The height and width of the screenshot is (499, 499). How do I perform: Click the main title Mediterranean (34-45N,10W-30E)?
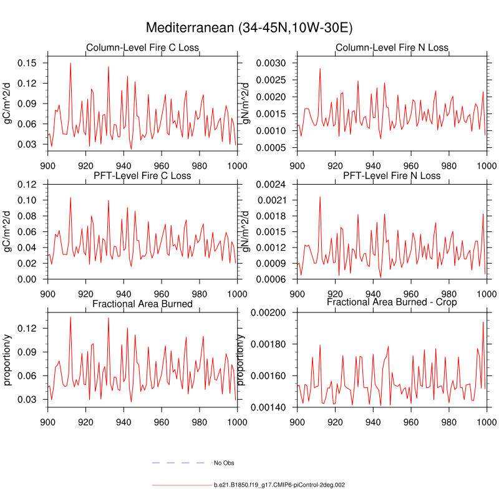249,28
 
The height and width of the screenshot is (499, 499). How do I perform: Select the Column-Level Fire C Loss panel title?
142,48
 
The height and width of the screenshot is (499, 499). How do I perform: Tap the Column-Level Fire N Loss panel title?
392,48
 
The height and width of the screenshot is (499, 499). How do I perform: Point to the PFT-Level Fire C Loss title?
142,176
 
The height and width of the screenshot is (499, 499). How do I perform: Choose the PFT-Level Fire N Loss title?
392,176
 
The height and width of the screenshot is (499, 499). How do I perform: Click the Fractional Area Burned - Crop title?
392,302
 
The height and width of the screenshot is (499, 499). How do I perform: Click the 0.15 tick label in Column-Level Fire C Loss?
30,63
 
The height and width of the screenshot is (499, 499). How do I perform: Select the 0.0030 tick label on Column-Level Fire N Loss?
273,63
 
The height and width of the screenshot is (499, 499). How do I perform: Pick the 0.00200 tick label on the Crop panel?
271,312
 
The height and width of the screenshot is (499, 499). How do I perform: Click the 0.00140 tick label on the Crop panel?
271,407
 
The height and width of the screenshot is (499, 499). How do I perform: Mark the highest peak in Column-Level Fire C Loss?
70,63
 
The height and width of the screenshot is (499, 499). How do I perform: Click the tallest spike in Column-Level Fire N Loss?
320,69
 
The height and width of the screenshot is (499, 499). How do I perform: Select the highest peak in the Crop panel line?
483,322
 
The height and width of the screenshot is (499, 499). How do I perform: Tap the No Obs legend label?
224,463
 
